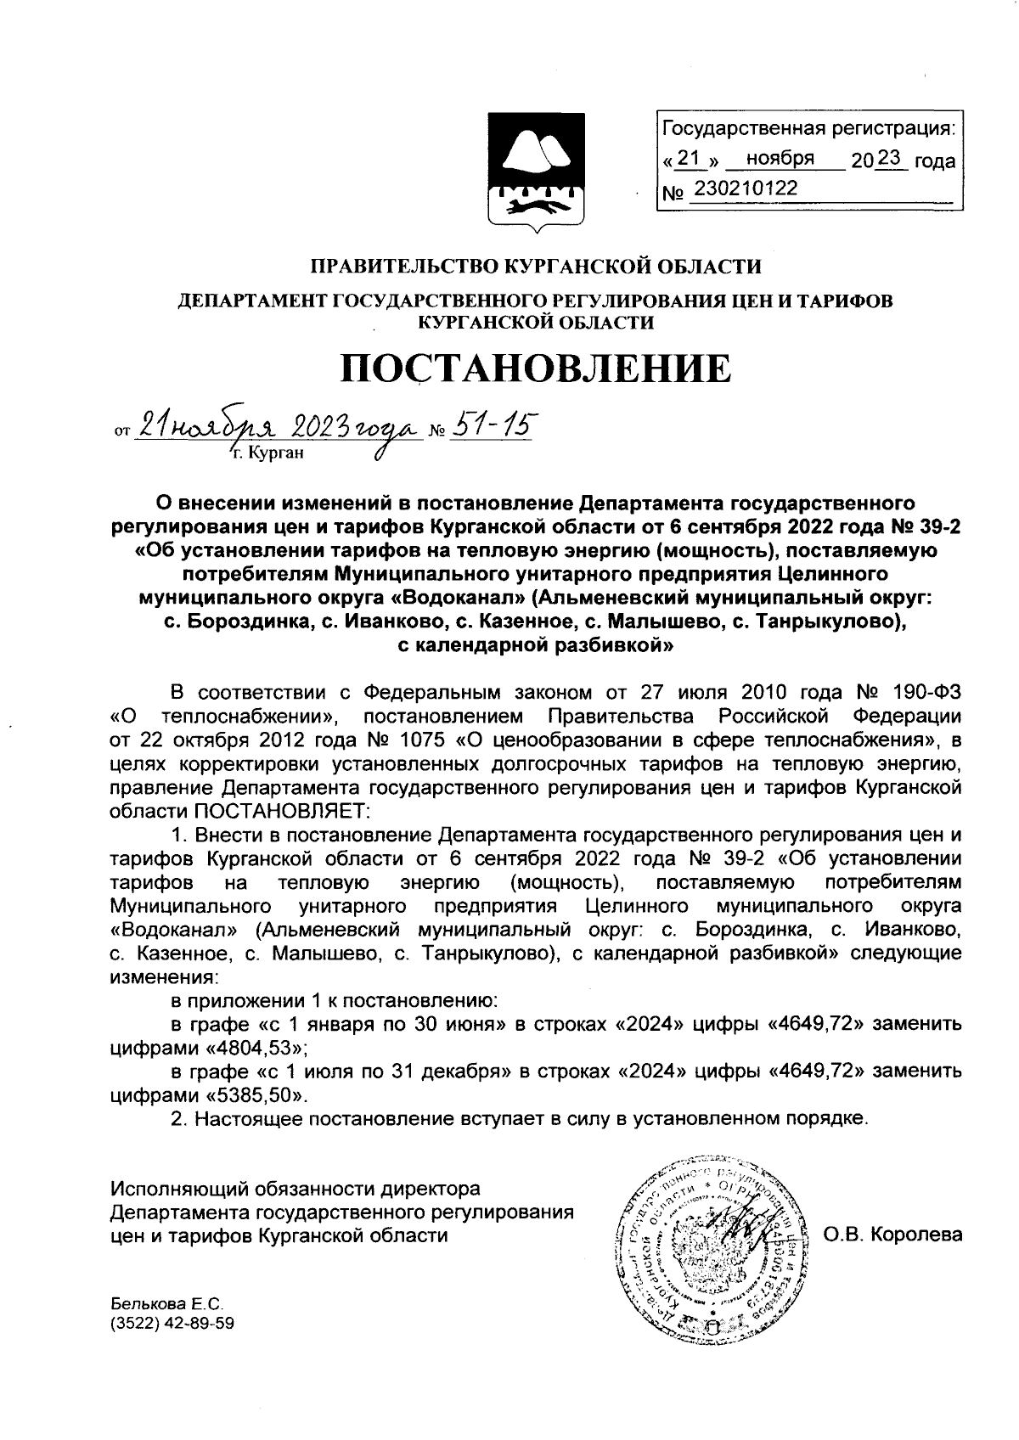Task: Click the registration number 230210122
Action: click(746, 188)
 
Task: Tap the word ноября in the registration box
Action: click(780, 159)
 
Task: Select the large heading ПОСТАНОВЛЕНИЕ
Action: click(535, 368)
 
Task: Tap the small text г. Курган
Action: click(266, 454)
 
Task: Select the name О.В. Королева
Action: click(893, 1234)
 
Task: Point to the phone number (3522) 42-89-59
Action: click(172, 1323)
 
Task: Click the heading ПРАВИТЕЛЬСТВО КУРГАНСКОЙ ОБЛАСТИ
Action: click(535, 267)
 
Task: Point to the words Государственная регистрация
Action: click(808, 129)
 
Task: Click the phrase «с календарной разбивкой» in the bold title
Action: click(536, 645)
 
